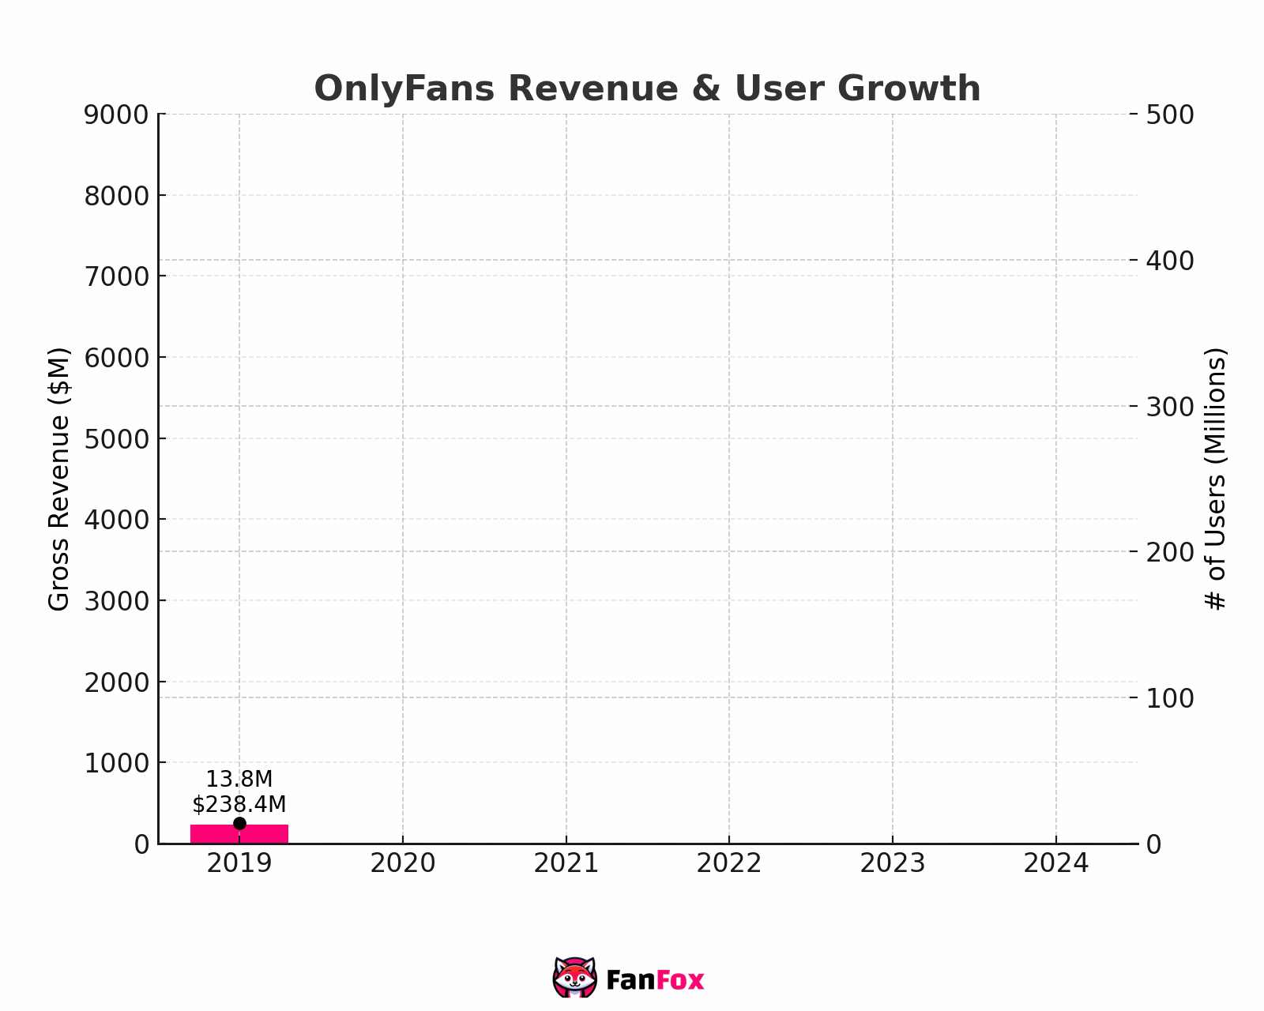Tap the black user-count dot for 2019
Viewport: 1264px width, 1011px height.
239,824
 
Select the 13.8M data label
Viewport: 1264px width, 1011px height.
239,780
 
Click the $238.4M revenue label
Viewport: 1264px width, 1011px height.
239,804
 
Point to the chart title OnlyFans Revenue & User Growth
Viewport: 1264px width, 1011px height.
647,88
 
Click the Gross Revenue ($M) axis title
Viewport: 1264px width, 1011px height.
59,479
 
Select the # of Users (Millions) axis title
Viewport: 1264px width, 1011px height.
1216,479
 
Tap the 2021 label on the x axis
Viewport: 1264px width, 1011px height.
566,864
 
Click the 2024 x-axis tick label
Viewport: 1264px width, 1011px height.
1055,864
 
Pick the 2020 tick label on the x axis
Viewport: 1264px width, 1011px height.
403,864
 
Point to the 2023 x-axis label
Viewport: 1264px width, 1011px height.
892,864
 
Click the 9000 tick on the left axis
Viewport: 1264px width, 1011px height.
116,115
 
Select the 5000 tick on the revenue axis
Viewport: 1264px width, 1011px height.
116,438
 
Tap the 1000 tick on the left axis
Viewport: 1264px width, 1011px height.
116,763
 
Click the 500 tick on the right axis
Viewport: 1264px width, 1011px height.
1170,115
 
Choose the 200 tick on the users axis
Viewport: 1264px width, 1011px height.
1170,552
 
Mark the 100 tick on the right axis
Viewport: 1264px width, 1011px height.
1170,698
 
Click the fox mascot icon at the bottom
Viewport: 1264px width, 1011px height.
574,978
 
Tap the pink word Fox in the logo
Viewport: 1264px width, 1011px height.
680,981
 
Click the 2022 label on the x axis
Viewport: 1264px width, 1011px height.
728,864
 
